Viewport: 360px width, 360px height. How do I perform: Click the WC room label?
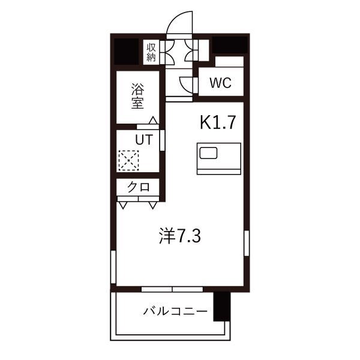220,83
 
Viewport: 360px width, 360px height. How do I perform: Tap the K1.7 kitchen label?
218,122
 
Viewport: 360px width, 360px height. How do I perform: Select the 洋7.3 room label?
180,236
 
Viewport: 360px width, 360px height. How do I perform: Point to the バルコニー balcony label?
175,311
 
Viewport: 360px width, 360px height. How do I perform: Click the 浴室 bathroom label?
137,96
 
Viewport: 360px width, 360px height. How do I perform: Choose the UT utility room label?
144,139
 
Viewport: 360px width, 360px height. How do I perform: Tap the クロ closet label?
139,187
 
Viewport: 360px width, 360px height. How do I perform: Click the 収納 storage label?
151,52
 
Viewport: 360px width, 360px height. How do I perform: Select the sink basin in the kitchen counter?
208,153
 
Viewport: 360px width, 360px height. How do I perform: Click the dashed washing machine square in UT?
128,160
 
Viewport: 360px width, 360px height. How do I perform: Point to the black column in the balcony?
222,307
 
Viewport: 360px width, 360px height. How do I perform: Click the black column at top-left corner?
127,52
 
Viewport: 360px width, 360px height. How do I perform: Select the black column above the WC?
230,45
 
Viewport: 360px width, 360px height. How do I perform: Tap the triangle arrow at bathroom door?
154,121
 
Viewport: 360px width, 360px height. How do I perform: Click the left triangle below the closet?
123,205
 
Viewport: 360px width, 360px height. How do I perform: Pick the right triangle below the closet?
153,205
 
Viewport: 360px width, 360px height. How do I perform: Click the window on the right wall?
247,243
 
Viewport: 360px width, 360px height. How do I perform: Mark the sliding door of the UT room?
163,140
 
